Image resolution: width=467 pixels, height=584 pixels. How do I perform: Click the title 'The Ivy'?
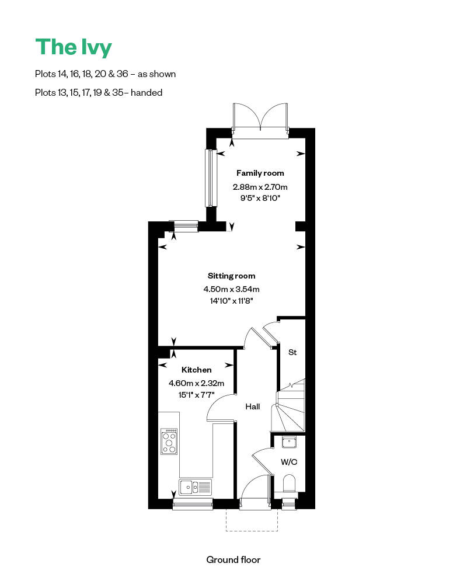pos(73,47)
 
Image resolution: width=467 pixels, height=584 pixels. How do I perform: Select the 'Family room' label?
pos(260,173)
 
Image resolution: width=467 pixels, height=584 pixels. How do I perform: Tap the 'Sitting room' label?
pos(231,276)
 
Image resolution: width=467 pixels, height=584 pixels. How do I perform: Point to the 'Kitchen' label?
pos(196,370)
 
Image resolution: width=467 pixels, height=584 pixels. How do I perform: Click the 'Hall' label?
pos(252,407)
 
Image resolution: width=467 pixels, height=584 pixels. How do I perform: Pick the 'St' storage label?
pos(292,352)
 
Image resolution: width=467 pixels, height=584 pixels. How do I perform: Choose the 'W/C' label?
pos(289,462)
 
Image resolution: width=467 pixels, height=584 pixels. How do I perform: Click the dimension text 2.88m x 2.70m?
pos(260,187)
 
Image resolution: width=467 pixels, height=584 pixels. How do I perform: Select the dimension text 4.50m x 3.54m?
pos(231,289)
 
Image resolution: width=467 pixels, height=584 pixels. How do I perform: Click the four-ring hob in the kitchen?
pos(169,442)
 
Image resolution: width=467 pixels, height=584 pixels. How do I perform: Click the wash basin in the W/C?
pos(289,443)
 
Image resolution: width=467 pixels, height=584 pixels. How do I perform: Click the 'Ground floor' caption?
pos(233,559)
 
